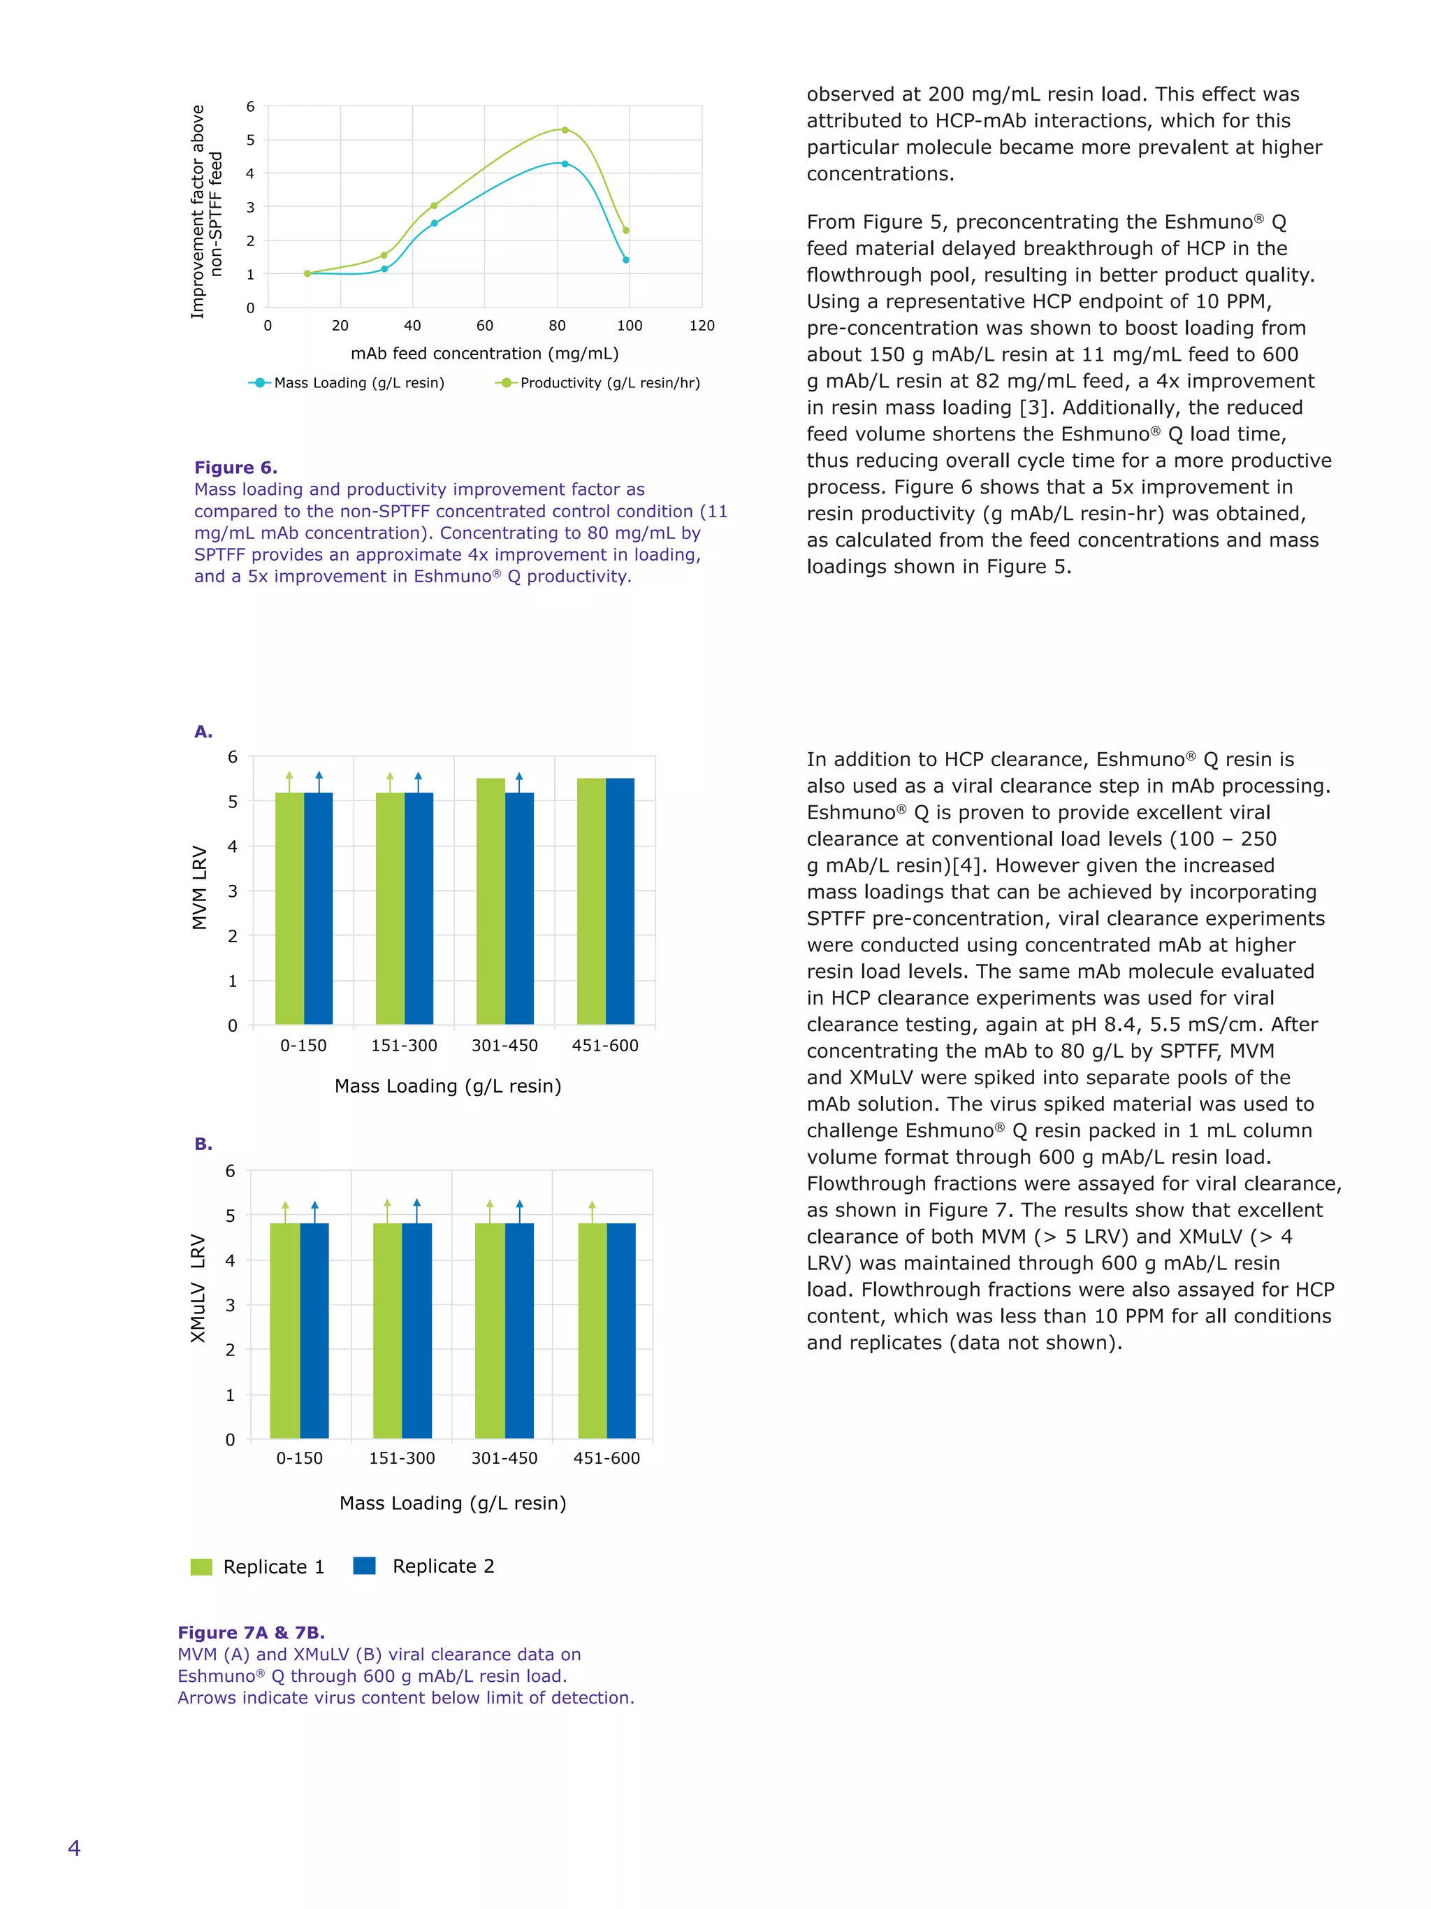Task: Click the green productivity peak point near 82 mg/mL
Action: (x=564, y=130)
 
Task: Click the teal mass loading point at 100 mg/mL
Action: (x=625, y=260)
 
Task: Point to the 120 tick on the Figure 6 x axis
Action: (x=702, y=325)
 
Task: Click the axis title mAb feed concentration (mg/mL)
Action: (x=484, y=354)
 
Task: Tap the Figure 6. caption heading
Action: (x=235, y=468)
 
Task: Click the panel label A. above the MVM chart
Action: (x=203, y=732)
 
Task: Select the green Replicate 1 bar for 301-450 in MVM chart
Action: (x=490, y=902)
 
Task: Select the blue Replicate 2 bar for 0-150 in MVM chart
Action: (x=319, y=909)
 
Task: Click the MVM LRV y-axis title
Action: (x=199, y=887)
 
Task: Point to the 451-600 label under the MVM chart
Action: (x=604, y=1046)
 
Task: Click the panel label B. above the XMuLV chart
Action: (x=203, y=1144)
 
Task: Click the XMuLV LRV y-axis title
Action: (x=198, y=1288)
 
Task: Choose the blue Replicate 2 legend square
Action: (x=364, y=1566)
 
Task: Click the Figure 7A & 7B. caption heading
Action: (x=251, y=1633)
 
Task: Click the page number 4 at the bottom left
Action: (x=74, y=1847)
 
